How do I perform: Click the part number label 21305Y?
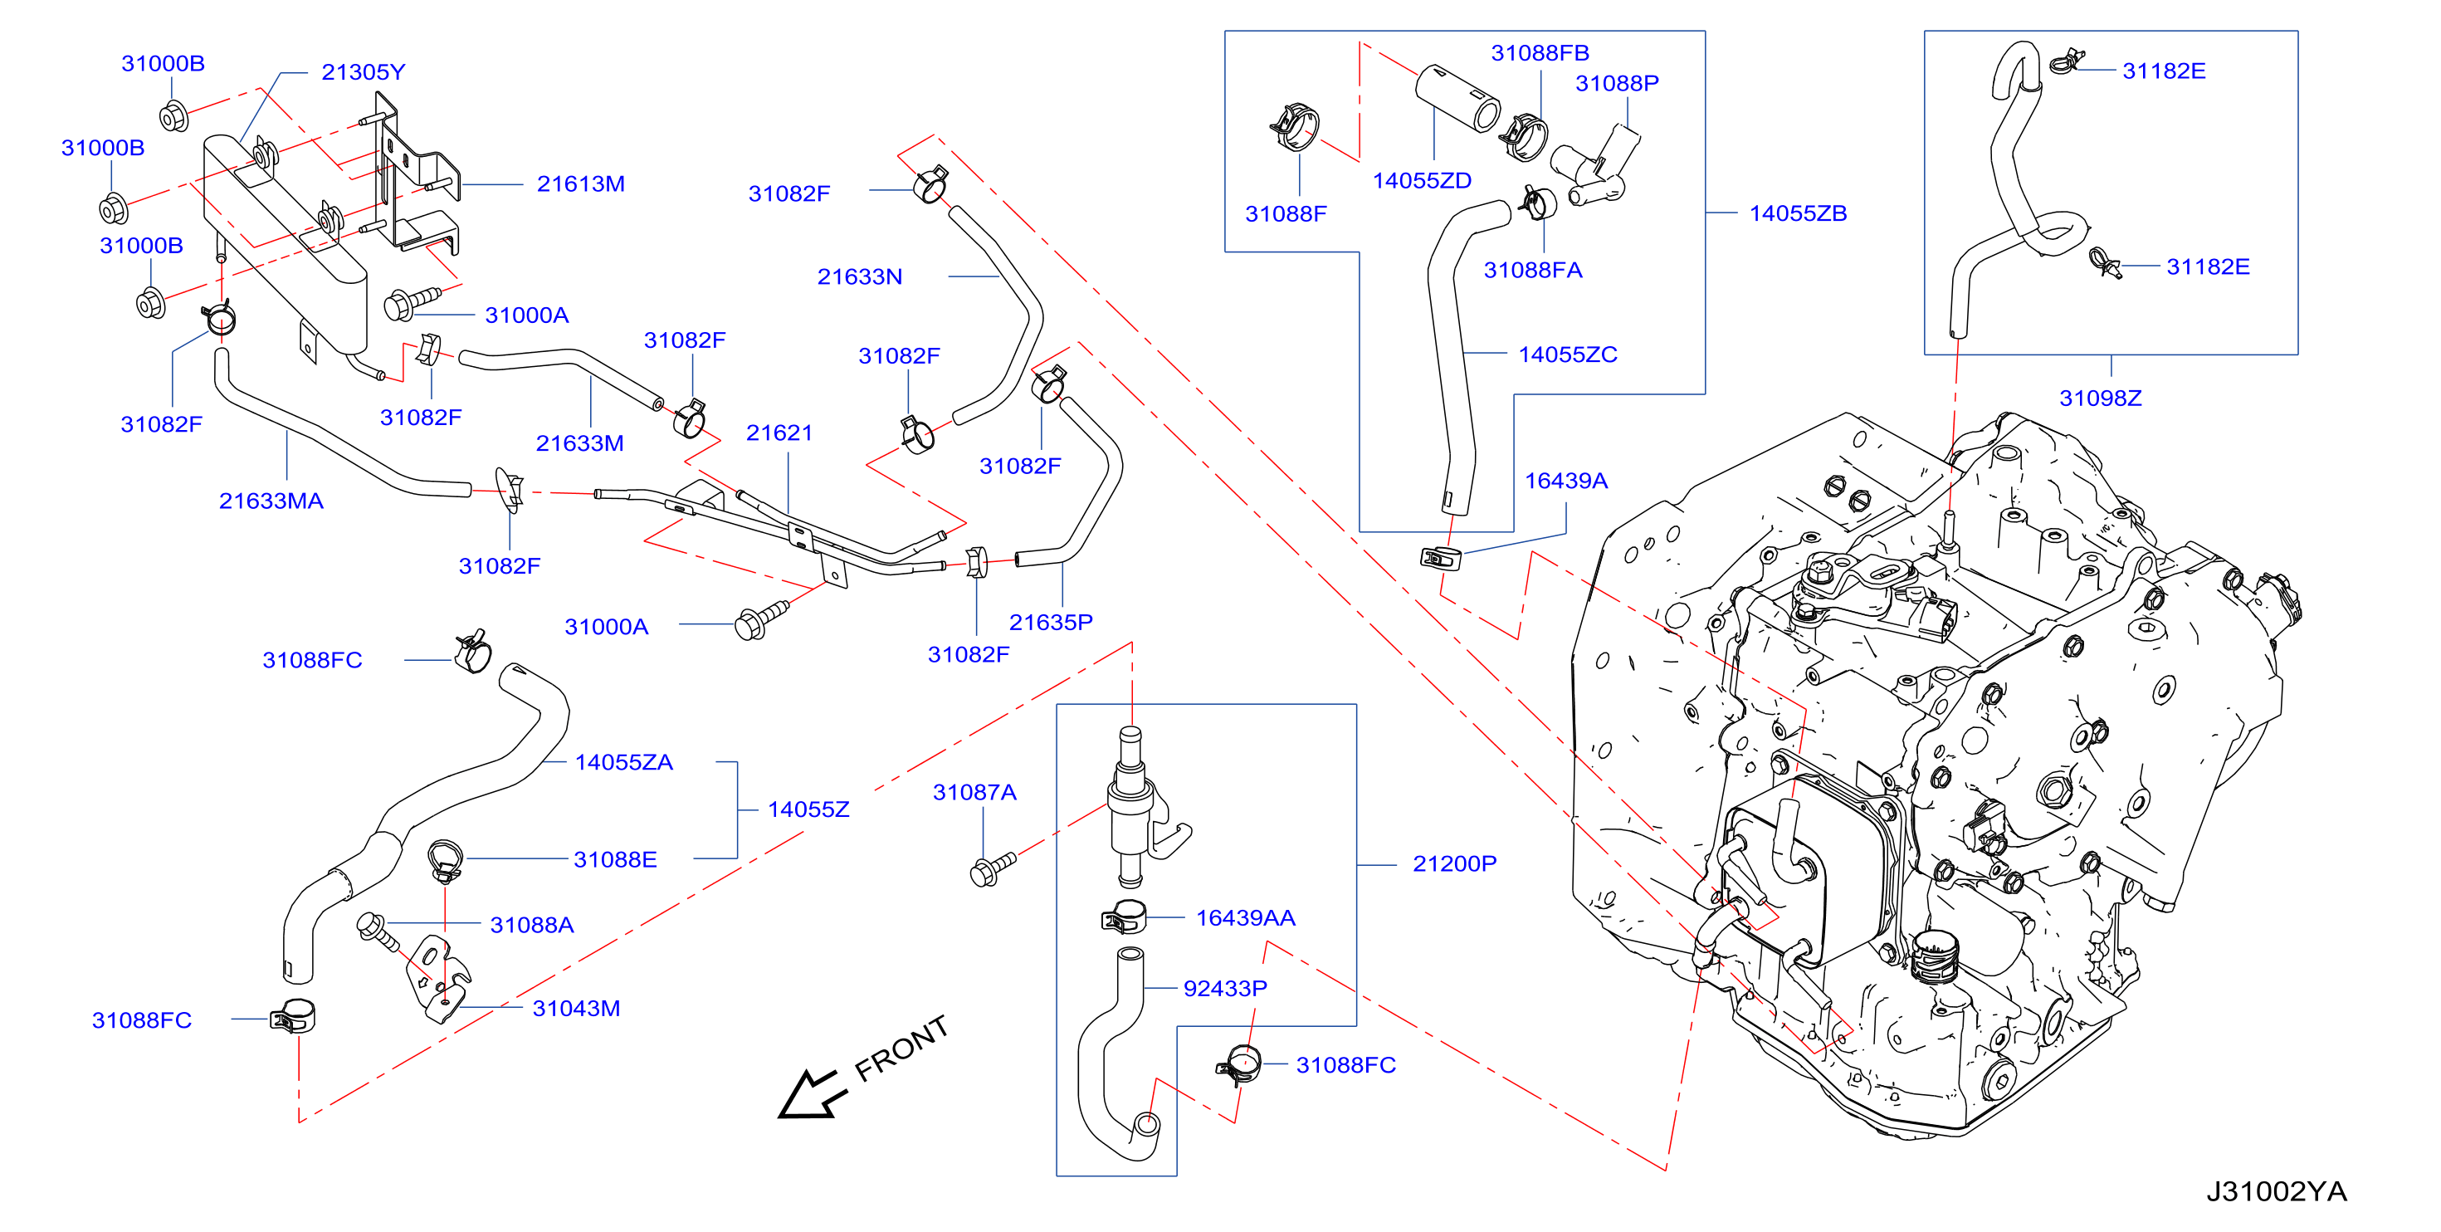pos(363,72)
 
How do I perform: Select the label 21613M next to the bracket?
pos(581,183)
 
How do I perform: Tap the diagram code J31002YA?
pos(2276,1191)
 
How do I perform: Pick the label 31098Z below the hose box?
pos(2101,398)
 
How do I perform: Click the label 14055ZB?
pos(1798,213)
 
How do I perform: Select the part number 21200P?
pos(1454,863)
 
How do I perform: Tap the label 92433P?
pos(1225,989)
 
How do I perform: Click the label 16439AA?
pos(1245,917)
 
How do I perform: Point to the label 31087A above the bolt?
pos(974,792)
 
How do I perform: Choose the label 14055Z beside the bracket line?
pos(808,809)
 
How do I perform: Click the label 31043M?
pos(576,1009)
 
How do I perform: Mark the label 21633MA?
pos(271,501)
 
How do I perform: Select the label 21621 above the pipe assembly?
pos(779,433)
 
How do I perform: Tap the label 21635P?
pos(1051,622)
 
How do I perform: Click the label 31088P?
pos(1617,83)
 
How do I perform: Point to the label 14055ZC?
pos(1567,354)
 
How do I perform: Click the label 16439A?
pos(1565,481)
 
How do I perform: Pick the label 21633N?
pos(860,276)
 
